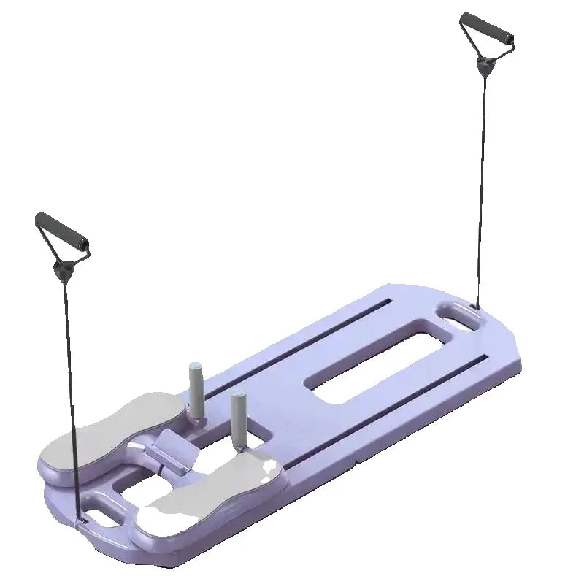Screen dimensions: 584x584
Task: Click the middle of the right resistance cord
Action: (x=481, y=182)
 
